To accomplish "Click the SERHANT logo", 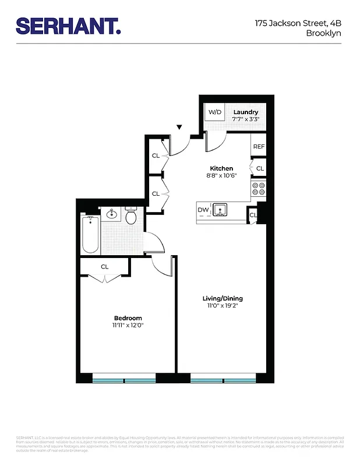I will (x=68, y=26).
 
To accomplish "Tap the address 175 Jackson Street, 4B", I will (x=298, y=24).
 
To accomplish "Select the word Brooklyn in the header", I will (x=323, y=33).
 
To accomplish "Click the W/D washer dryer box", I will (x=215, y=112).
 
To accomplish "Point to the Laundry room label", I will (x=245, y=112).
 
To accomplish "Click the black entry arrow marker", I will (x=180, y=127).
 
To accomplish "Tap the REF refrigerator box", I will (x=258, y=147).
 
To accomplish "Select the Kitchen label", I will (x=221, y=168).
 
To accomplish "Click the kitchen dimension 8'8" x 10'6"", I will (x=221, y=176).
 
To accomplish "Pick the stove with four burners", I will (x=258, y=189).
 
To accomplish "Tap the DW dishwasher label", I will (x=203, y=210).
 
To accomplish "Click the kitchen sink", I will (x=220, y=210).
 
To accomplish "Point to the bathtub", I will (x=90, y=234).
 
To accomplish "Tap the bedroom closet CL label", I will (x=104, y=267).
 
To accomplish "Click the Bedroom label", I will (x=128, y=317).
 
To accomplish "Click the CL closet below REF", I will (x=260, y=169).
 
